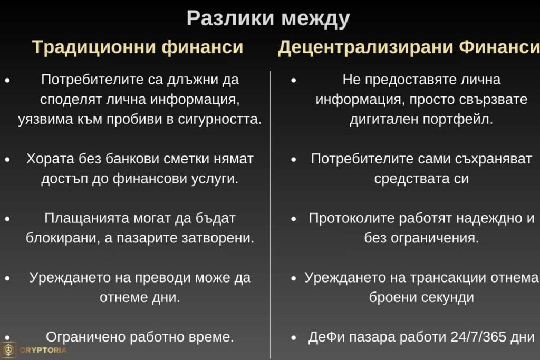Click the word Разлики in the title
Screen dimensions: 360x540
(230, 18)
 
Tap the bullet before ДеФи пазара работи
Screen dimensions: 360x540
(294, 337)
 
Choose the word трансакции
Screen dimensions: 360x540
(437, 277)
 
